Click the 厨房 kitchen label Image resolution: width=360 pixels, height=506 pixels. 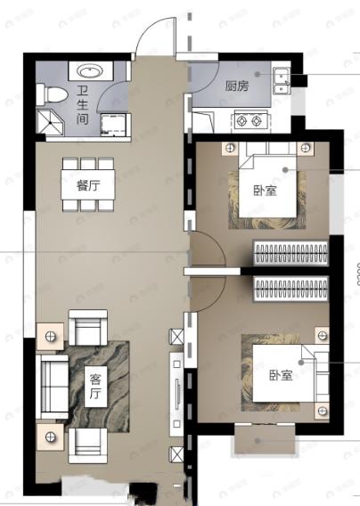[x=237, y=86]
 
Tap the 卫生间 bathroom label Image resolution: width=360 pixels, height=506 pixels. [x=82, y=104]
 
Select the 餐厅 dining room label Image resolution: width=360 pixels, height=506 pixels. [x=87, y=186]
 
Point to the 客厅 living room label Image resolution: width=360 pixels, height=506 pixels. [x=95, y=385]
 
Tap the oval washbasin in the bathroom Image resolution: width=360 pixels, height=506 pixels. [x=88, y=72]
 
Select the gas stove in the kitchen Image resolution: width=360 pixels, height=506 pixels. [x=247, y=118]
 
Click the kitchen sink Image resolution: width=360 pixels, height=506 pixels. [x=282, y=80]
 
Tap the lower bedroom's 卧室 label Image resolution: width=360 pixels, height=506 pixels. [x=282, y=374]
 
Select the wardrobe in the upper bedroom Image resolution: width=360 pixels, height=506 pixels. [x=292, y=253]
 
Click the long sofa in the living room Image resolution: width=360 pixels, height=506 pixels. [x=52, y=384]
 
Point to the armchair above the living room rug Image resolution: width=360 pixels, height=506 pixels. [x=88, y=329]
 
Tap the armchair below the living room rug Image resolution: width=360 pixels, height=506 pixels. [x=88, y=441]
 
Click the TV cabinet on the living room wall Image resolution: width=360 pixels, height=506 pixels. [x=176, y=392]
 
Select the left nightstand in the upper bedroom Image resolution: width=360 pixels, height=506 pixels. [x=230, y=147]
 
